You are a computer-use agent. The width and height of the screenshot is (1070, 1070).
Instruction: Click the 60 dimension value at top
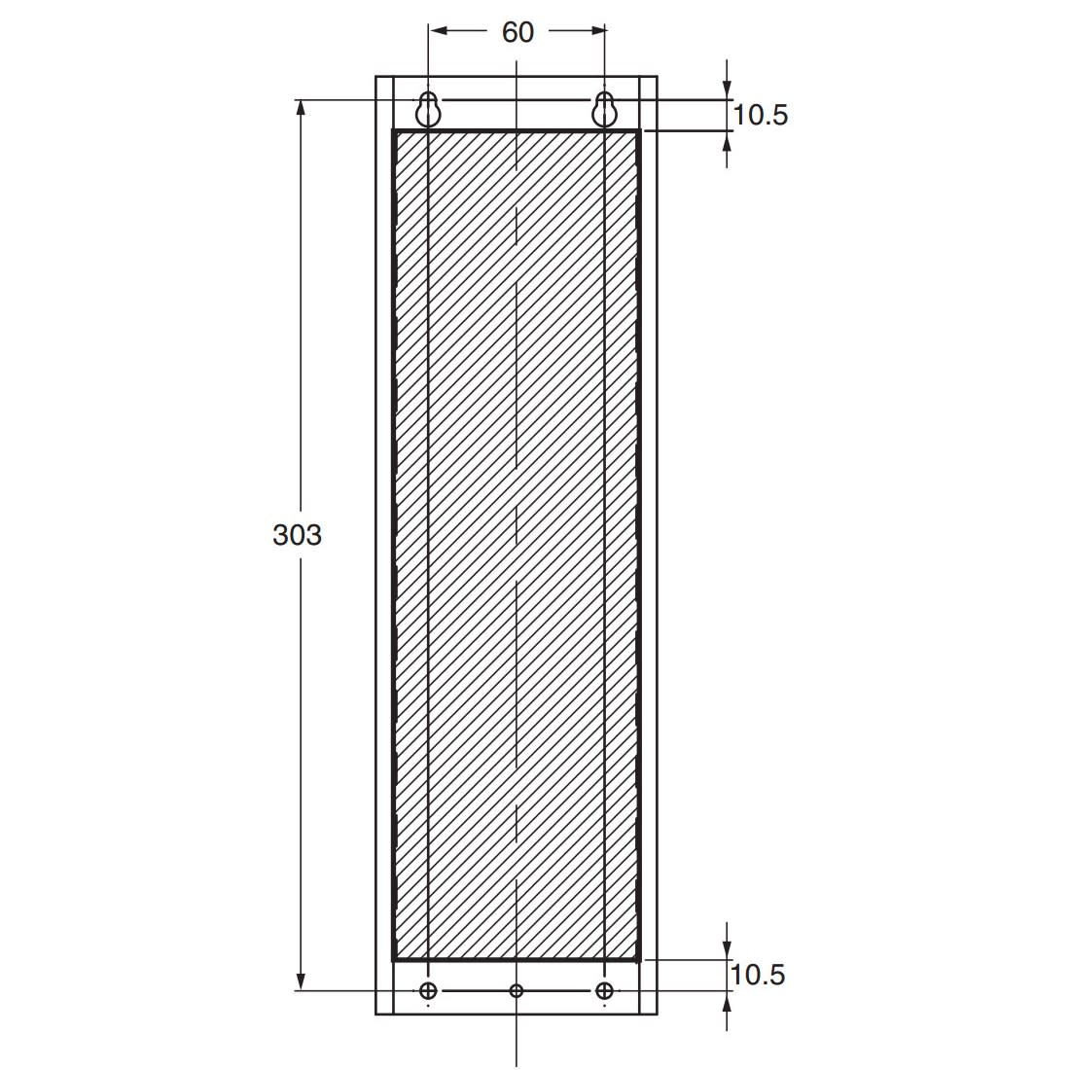(x=517, y=32)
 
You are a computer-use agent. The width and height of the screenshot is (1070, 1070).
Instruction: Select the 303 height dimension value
(x=297, y=534)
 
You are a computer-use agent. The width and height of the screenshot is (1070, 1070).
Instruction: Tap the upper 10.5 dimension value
(x=760, y=115)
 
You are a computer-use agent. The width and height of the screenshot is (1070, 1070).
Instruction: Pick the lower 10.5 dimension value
(x=758, y=974)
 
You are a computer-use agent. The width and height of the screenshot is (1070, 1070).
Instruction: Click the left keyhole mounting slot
(x=428, y=110)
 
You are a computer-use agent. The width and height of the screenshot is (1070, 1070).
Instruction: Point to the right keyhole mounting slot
(x=604, y=110)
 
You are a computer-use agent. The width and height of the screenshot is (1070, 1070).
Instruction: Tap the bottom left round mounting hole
(x=428, y=990)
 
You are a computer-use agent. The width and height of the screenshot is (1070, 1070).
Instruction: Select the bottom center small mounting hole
(x=517, y=990)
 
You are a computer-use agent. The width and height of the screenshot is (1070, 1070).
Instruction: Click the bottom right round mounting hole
(x=604, y=990)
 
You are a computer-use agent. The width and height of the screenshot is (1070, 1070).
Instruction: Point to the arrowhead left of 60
(x=438, y=31)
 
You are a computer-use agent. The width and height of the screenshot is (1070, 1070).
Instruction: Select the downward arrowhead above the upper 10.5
(x=727, y=91)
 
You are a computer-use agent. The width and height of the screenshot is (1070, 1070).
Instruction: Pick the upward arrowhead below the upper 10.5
(x=727, y=138)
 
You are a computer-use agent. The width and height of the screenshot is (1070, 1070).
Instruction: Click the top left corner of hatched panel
(x=394, y=131)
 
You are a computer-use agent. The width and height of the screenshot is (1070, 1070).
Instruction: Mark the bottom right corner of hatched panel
(x=638, y=959)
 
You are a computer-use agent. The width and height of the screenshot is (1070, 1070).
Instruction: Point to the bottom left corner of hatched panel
(x=394, y=959)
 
